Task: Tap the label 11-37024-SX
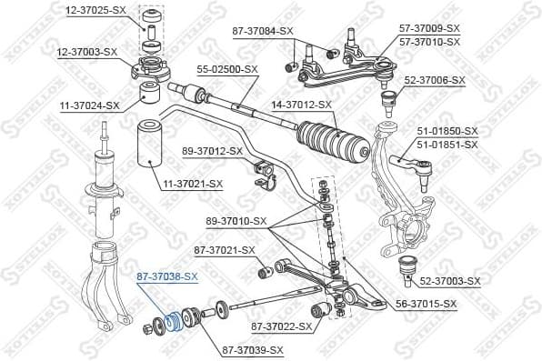87,105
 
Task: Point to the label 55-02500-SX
226,69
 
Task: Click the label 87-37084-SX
263,31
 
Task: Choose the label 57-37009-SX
430,29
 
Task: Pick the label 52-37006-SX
435,80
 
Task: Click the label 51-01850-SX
447,131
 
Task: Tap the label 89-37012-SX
212,150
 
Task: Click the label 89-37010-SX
236,221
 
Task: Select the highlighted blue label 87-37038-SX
166,276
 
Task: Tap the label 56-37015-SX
426,303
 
